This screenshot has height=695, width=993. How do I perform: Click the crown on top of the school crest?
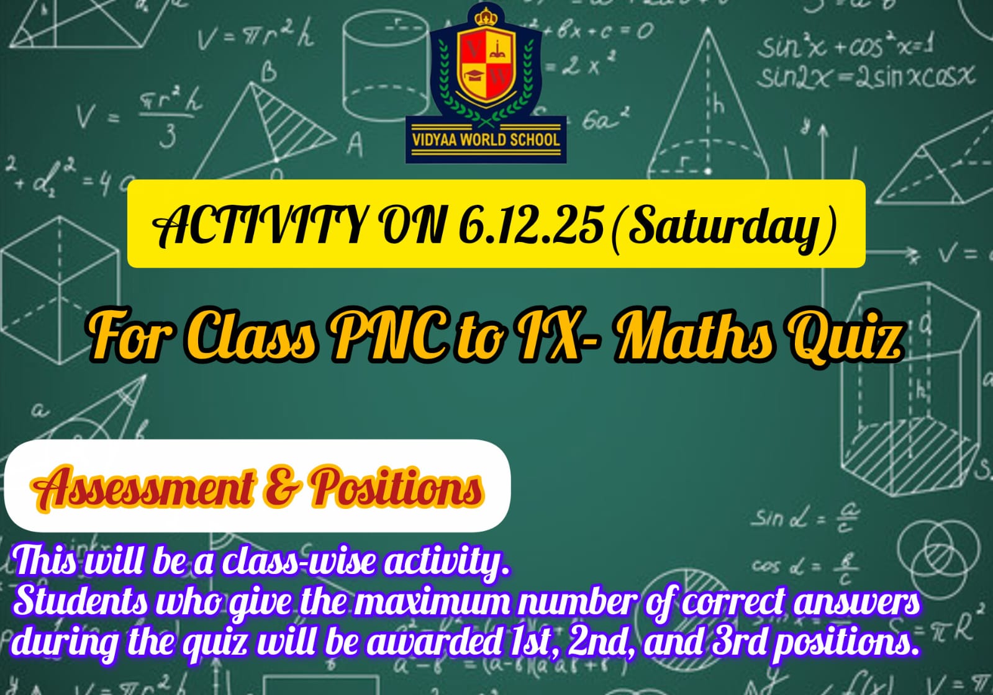click(486, 17)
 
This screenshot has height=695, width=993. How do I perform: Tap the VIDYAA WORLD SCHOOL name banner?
click(486, 140)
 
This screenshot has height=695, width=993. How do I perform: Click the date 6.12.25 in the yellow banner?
click(530, 226)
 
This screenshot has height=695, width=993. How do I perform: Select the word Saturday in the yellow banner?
click(724, 228)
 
